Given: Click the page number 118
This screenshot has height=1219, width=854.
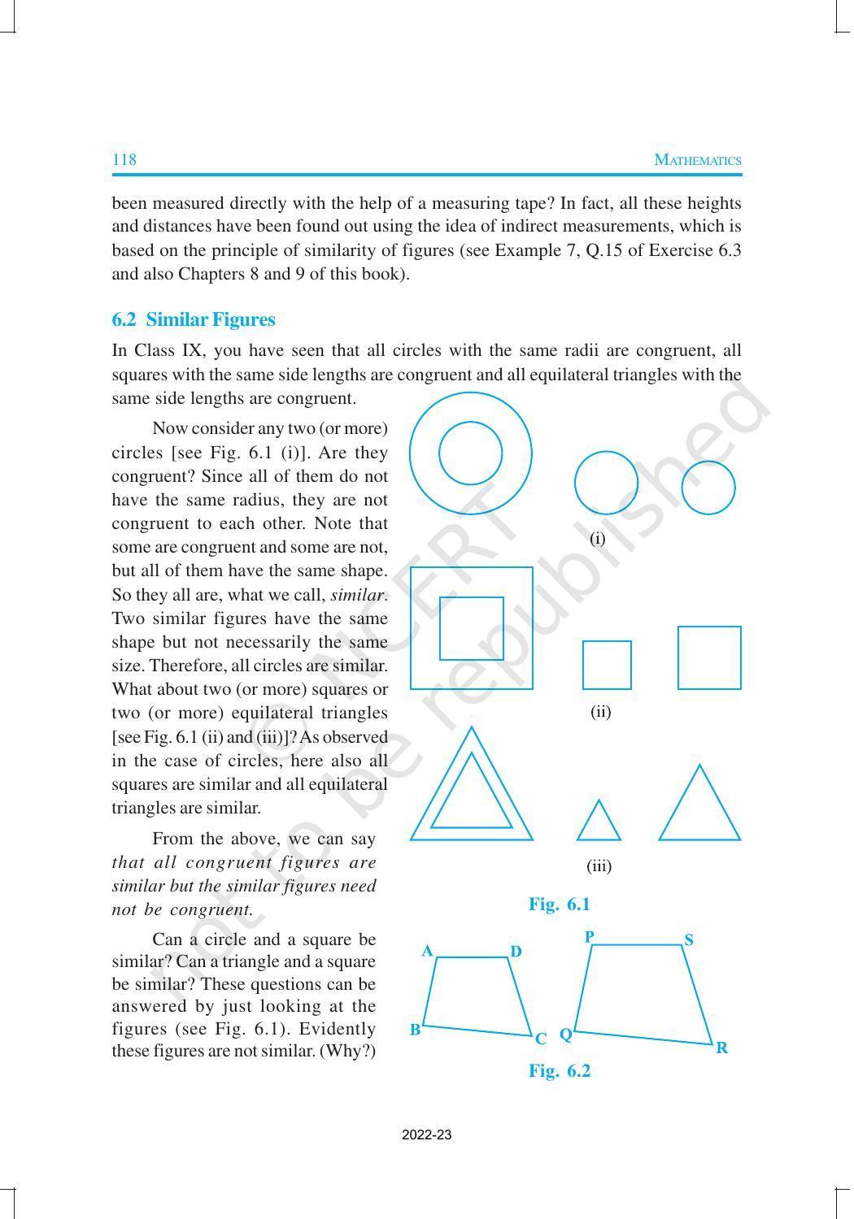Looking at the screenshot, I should pos(124,159).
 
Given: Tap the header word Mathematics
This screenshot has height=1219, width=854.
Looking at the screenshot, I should pos(697,160).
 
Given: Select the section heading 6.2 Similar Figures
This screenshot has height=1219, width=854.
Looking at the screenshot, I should pos(194,319).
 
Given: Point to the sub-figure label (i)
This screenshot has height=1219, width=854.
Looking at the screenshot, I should pos(598,538).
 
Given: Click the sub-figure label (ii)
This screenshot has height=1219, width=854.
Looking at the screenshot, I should pos(600,712).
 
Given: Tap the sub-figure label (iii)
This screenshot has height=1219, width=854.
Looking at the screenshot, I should pos(599,865).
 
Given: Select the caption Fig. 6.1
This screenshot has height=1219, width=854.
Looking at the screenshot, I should pos(559,904).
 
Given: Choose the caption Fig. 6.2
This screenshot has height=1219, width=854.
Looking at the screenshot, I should pos(559,1070).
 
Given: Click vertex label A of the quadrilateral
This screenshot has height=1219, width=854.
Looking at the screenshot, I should pos(427,951).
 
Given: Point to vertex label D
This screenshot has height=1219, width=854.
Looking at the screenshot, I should pos(516,952).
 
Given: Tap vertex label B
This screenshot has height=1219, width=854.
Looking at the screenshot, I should pos(415,1030).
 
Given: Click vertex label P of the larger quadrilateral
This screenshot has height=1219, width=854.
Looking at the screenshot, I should pos(590,936).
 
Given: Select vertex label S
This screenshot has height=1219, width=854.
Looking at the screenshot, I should pos(689,940).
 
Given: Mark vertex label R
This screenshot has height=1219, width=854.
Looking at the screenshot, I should pos(721,1048).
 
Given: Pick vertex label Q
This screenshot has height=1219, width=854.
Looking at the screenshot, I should pos(565,1035).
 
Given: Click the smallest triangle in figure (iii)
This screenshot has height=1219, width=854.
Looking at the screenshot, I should pos(599,825).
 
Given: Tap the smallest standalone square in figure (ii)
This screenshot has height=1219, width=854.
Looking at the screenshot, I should pos(607,665).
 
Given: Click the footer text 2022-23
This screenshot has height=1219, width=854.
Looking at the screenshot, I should pos(426,1134).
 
